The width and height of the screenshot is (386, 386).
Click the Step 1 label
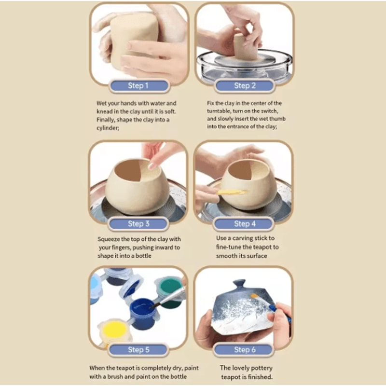(139, 86)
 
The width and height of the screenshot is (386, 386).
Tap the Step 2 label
(245, 86)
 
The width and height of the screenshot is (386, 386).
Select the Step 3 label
(138, 223)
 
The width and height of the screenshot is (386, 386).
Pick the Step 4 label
(244, 223)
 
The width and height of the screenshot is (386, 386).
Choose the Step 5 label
(138, 349)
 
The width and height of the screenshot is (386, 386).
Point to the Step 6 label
(244, 349)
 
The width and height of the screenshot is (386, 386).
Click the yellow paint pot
(114, 331)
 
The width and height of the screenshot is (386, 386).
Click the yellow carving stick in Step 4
(232, 192)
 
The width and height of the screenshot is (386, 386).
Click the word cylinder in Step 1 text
(108, 128)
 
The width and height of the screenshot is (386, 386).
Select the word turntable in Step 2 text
(218, 111)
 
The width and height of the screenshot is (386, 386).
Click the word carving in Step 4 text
(242, 238)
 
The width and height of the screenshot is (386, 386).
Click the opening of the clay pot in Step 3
(136, 170)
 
